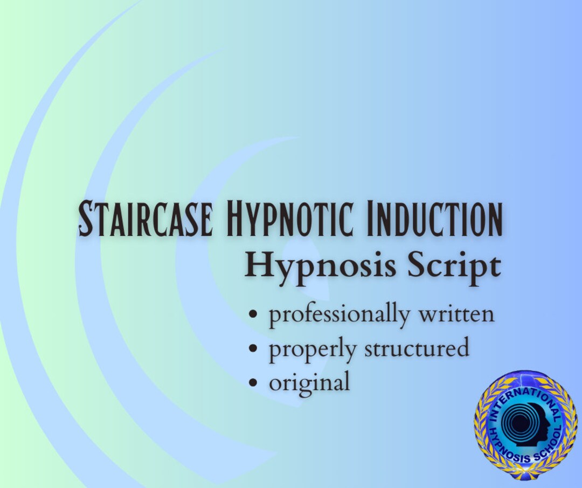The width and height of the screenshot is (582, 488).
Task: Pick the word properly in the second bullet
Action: click(313, 349)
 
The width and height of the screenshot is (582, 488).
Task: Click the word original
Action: click(309, 383)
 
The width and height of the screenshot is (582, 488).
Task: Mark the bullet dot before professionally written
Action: click(253, 315)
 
